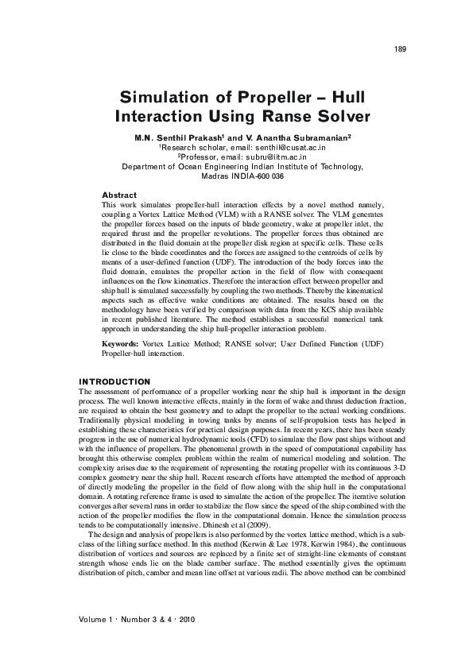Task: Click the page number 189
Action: coord(400,49)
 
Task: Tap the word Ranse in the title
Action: coord(283,118)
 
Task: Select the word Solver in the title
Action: coord(341,118)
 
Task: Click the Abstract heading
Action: coord(120,195)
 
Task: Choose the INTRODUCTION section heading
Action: coord(115,382)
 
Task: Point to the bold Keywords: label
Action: coord(121,343)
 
